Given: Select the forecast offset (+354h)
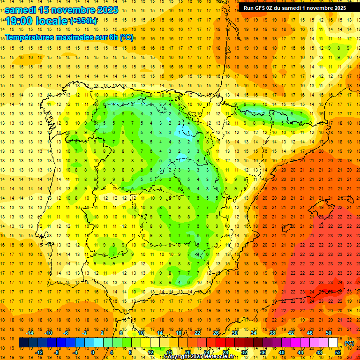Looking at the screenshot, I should click(83, 21).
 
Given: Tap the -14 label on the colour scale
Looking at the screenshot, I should click(30, 333).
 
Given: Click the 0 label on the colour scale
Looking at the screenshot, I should click(93, 352).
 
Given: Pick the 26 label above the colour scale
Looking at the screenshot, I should click(217, 333).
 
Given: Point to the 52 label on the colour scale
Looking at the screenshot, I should click(337, 352).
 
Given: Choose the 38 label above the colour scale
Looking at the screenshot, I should click(272, 333).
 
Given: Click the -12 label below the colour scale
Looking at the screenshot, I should click(39, 352).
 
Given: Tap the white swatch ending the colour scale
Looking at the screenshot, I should click(333, 343).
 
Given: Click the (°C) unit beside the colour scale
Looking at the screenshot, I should click(349, 343).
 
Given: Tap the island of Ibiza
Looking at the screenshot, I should click(282, 228).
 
